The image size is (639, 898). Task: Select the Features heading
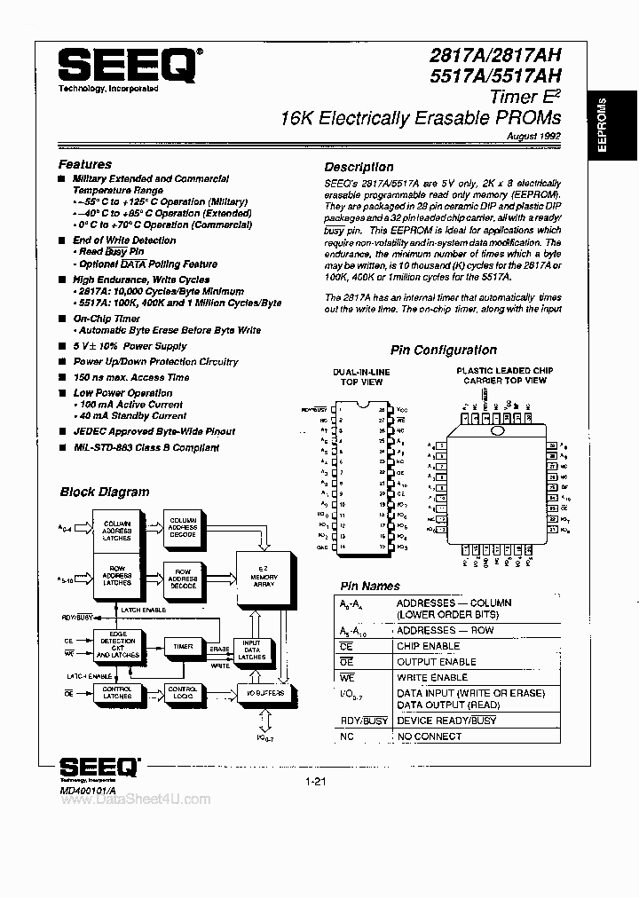tap(85, 164)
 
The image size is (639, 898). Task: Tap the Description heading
tap(359, 167)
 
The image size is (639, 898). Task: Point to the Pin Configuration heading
tap(444, 350)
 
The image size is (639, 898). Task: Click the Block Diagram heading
tap(105, 492)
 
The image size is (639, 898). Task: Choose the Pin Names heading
tap(370, 586)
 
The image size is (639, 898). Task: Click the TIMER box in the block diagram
tap(184, 648)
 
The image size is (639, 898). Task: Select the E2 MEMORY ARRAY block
tap(264, 577)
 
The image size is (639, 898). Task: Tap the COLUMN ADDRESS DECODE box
tap(184, 527)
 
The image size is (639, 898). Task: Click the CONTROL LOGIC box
tap(183, 693)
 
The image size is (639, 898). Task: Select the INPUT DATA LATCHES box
tap(252, 650)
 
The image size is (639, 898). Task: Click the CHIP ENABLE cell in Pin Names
tap(428, 646)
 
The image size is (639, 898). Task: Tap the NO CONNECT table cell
tap(430, 737)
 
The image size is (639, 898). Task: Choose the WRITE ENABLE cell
tap(431, 677)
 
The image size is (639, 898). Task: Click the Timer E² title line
tap(524, 98)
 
